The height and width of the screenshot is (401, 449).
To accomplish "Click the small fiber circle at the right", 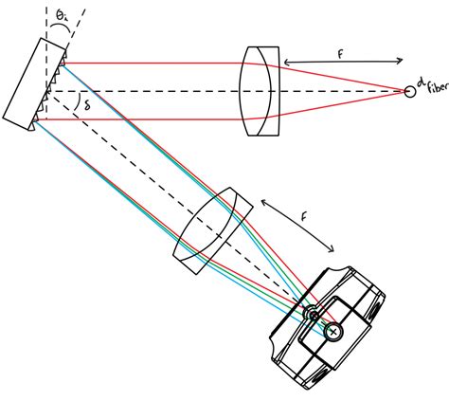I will (410, 92).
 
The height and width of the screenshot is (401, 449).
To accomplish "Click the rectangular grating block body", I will (33, 83).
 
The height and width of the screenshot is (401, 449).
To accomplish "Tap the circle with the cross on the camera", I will (332, 331).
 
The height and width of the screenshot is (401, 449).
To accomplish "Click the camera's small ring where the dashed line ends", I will (309, 312).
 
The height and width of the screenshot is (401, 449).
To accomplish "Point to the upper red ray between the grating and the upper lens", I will (152, 64).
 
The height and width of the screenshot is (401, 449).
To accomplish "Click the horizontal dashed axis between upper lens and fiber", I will (341, 92).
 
